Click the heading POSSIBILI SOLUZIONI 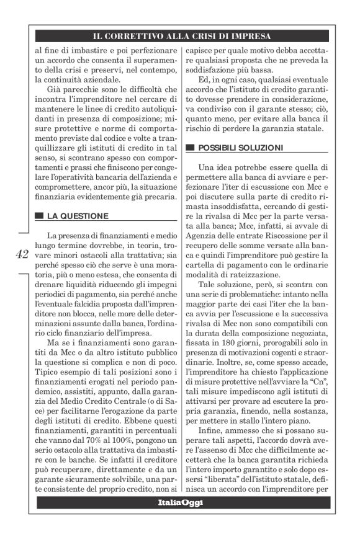(x=240, y=148)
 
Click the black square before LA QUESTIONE (x=39, y=216)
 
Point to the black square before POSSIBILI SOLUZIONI (x=189, y=148)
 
